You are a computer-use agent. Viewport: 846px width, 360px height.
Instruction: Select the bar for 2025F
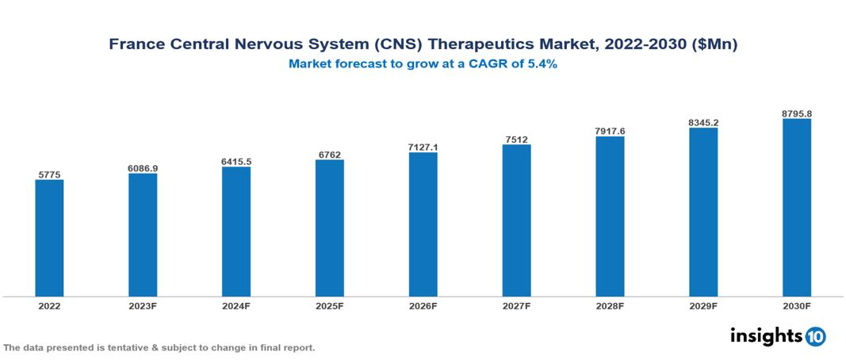[x=330, y=228]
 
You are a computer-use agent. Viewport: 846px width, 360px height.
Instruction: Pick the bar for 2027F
[x=516, y=220]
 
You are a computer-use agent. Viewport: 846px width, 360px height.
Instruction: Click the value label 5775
[x=49, y=174]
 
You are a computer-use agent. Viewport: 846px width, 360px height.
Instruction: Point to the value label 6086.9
[x=143, y=168]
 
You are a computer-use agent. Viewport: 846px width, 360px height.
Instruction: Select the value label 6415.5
[x=236, y=162]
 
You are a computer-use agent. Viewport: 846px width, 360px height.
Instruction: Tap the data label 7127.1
[x=423, y=147]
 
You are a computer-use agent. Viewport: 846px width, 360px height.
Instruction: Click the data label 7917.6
[x=610, y=131]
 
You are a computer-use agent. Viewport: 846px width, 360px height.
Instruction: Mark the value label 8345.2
[x=703, y=123]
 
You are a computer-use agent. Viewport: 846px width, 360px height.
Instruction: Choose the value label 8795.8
[x=797, y=113]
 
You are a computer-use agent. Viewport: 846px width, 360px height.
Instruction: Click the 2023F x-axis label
[x=143, y=305]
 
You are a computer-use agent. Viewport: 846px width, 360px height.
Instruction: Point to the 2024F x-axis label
[x=236, y=305]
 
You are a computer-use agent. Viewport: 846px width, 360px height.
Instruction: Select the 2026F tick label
[x=423, y=305]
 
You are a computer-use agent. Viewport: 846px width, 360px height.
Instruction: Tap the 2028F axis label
[x=610, y=305]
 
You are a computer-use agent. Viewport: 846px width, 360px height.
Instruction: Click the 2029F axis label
[x=703, y=305]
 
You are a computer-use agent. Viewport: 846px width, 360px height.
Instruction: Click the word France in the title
[x=136, y=45]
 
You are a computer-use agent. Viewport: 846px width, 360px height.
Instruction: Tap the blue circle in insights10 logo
[x=815, y=336]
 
